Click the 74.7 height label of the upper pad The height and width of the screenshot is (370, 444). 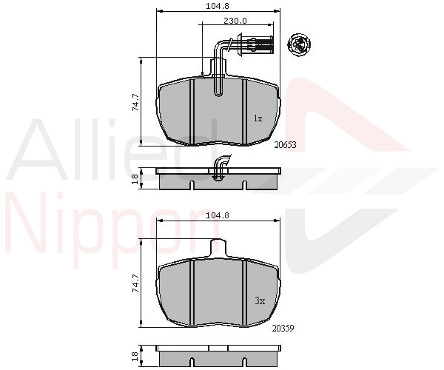coord(136,102)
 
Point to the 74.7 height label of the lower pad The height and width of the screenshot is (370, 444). coord(136,283)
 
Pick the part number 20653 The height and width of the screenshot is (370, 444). coord(286,145)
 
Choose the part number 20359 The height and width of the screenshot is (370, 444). coord(283,329)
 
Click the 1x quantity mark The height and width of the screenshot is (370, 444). coord(258,118)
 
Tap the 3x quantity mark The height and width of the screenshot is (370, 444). coord(260,300)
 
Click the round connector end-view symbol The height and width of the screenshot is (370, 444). coord(299,44)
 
